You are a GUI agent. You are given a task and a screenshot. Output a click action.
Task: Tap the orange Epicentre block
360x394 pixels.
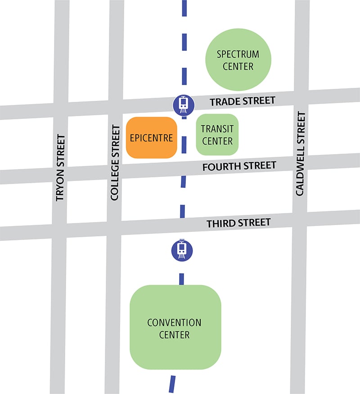pyautogui.click(x=151, y=138)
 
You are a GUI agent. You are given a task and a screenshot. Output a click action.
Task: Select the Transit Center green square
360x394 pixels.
pyautogui.click(x=217, y=135)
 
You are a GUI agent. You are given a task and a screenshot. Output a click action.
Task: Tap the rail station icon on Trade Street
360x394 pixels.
pyautogui.click(x=184, y=104)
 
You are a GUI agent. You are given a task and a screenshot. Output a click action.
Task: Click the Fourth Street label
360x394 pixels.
pyautogui.click(x=239, y=166)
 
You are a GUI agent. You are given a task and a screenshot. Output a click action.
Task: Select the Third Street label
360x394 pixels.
pyautogui.click(x=238, y=222)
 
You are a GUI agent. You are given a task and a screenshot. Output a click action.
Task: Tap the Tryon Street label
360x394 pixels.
pyautogui.click(x=60, y=168)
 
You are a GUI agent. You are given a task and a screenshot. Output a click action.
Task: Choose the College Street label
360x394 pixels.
pyautogui.click(x=115, y=163)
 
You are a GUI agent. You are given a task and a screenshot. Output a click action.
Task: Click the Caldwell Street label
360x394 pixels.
pyautogui.click(x=300, y=154)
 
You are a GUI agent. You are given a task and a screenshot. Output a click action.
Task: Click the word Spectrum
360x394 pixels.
pyautogui.click(x=238, y=54)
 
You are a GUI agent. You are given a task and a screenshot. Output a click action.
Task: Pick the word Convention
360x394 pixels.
pyautogui.click(x=175, y=323)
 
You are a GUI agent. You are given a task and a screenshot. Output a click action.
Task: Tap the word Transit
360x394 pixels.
pyautogui.click(x=217, y=129)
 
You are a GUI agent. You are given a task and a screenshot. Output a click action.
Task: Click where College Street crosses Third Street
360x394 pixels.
pyautogui.click(x=115, y=229)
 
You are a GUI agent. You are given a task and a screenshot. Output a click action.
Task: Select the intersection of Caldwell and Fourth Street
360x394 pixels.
pyautogui.click(x=301, y=164)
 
